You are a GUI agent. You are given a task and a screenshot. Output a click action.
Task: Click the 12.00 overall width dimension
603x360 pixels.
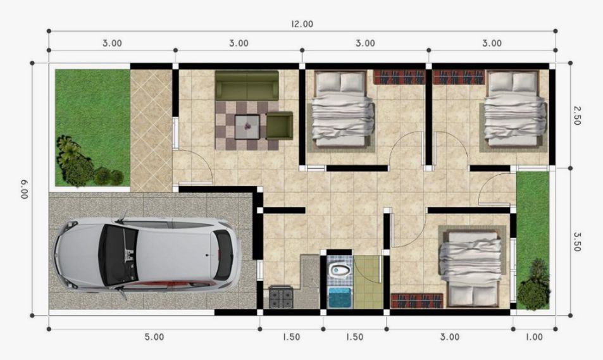pyautogui.click(x=302, y=24)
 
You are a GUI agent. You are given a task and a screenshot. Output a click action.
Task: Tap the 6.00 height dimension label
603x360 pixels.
pyautogui.click(x=25, y=189)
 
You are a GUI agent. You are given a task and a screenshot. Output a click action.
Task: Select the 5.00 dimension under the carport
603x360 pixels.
pyautogui.click(x=154, y=337)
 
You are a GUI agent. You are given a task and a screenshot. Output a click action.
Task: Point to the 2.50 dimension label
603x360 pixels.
pyautogui.click(x=576, y=115)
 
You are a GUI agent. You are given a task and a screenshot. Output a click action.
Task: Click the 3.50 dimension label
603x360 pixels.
pyautogui.click(x=576, y=241)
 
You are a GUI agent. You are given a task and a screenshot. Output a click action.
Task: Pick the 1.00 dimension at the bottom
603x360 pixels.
pyautogui.click(x=534, y=337)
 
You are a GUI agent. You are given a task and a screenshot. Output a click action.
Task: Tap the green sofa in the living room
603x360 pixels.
pyautogui.click(x=247, y=85)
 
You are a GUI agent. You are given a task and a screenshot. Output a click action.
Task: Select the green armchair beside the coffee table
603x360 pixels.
pyautogui.click(x=280, y=125)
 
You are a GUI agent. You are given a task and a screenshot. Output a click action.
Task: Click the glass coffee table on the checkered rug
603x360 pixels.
pyautogui.click(x=247, y=127)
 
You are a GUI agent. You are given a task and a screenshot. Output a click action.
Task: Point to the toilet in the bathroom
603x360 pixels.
pyautogui.click(x=340, y=270)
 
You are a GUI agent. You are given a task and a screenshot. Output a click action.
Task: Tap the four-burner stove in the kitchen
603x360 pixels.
pyautogui.click(x=281, y=297)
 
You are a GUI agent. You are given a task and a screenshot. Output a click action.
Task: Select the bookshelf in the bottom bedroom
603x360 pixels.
pyautogui.click(x=417, y=301)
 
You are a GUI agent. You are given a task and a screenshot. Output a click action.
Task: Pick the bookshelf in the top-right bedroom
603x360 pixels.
pyautogui.click(x=459, y=77)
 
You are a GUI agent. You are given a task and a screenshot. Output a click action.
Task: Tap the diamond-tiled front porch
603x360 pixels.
pyautogui.click(x=151, y=131)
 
